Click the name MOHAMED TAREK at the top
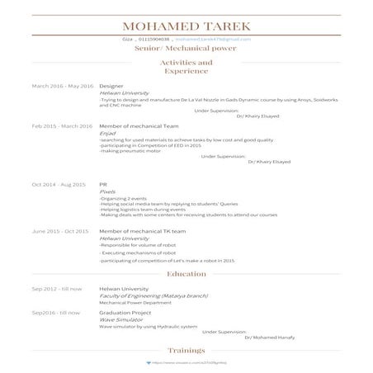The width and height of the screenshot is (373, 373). (x=186, y=27)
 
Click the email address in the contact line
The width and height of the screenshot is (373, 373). (x=212, y=39)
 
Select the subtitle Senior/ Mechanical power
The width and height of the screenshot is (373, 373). (x=186, y=49)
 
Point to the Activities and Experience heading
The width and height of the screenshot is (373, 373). (x=186, y=67)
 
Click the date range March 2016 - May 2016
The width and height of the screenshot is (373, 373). (x=63, y=86)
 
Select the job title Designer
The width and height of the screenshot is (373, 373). (x=111, y=86)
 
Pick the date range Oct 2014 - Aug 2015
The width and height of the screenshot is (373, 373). (x=59, y=184)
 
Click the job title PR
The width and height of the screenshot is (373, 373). (x=103, y=184)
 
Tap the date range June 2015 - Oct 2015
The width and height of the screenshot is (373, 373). (x=59, y=232)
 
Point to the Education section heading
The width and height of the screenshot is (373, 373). (x=186, y=273)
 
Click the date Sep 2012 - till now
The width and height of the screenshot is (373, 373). (x=57, y=289)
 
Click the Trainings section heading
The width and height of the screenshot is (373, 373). (x=186, y=351)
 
